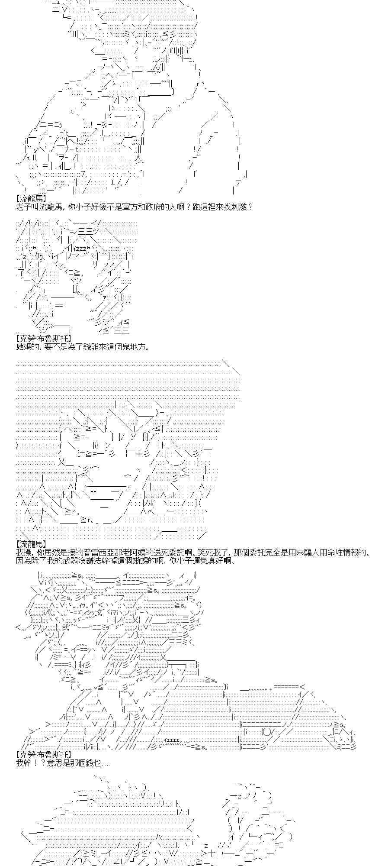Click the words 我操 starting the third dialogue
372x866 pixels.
[x=22, y=552]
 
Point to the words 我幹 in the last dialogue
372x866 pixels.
[x=22, y=763]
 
